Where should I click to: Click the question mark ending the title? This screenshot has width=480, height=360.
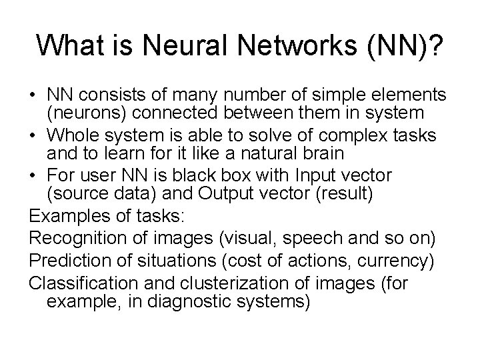click(435, 45)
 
